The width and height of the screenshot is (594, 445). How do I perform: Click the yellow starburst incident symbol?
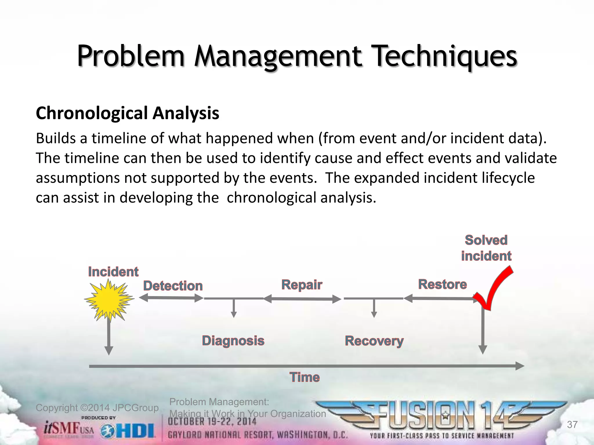click(x=109, y=300)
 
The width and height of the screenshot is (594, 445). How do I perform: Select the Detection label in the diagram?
click(x=173, y=286)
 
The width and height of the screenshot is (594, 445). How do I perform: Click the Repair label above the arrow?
click(x=302, y=285)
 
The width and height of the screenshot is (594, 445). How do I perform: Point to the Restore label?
click(x=442, y=284)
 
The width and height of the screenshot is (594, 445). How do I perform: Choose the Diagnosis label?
click(x=233, y=341)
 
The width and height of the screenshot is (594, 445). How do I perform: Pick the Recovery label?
click(x=374, y=341)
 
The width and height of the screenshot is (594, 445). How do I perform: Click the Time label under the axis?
click(x=305, y=377)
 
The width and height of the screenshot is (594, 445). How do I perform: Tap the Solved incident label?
click(x=486, y=248)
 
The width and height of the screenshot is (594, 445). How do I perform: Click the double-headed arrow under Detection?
click(x=171, y=298)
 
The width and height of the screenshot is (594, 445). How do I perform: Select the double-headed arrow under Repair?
click(x=302, y=299)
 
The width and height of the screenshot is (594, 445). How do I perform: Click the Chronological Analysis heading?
click(x=128, y=113)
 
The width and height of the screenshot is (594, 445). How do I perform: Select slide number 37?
click(x=572, y=425)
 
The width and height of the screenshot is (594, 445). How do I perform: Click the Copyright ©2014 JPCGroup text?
click(x=97, y=408)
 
